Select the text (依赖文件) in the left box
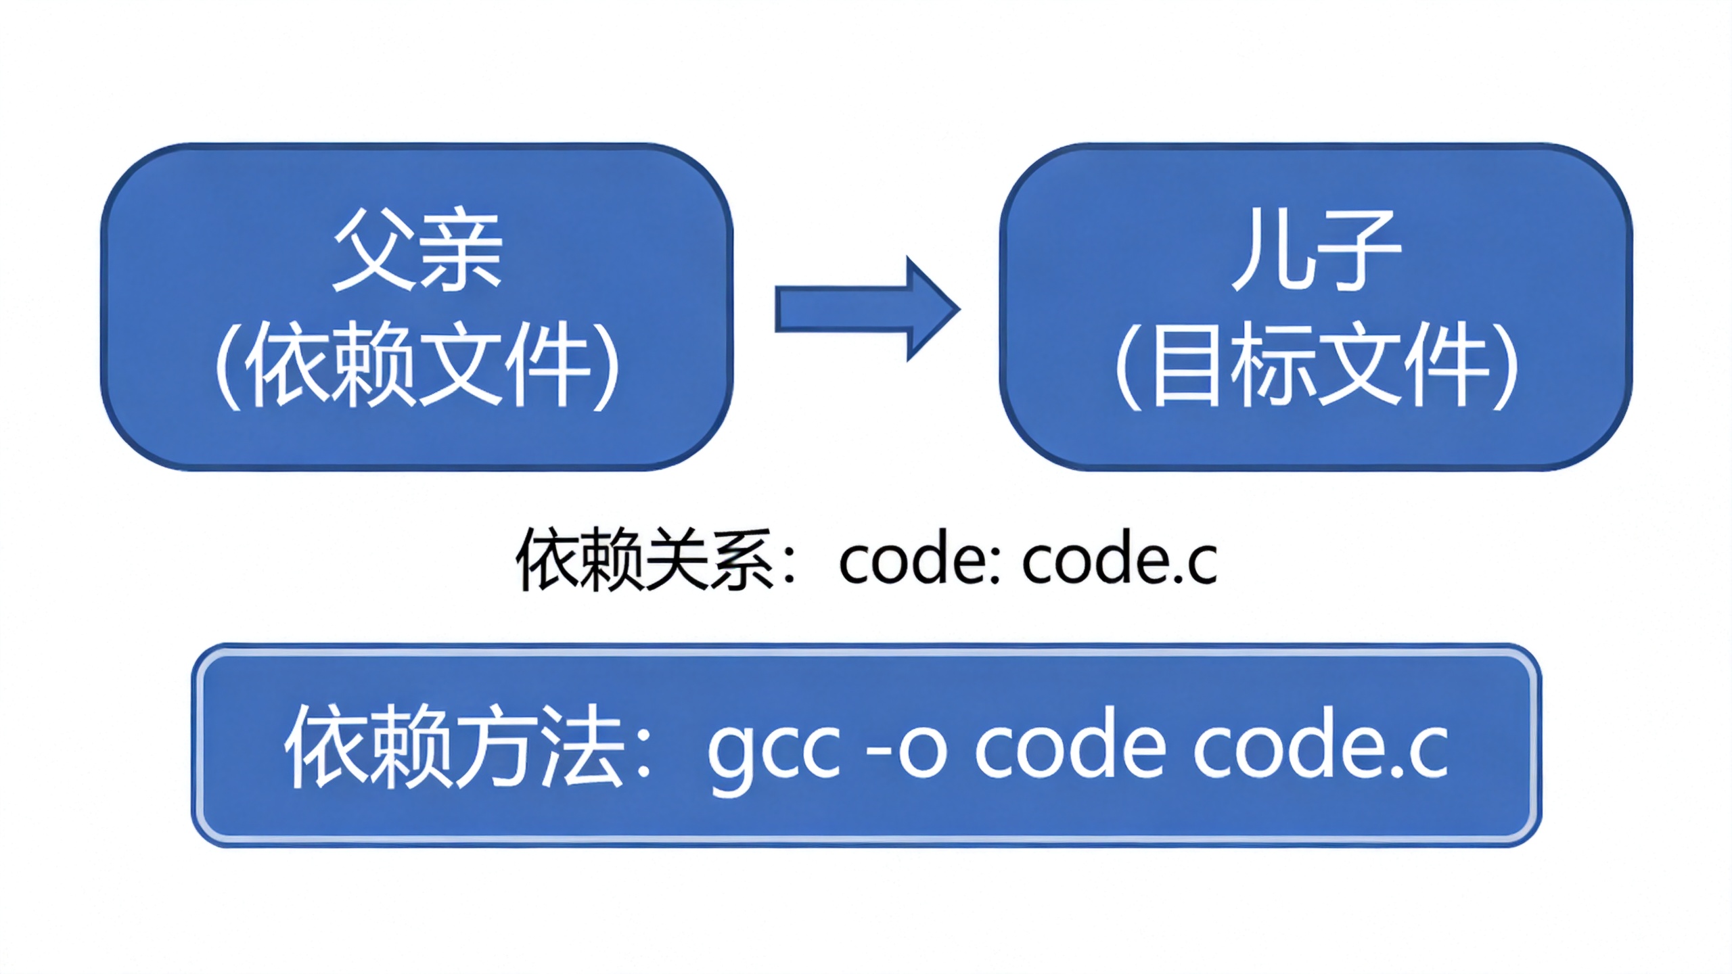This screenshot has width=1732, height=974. [x=417, y=365]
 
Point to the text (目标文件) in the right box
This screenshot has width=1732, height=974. [x=1315, y=365]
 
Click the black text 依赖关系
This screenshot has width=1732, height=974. [x=646, y=561]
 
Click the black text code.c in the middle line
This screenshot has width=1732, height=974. [x=1120, y=561]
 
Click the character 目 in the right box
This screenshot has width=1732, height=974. [x=1182, y=365]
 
